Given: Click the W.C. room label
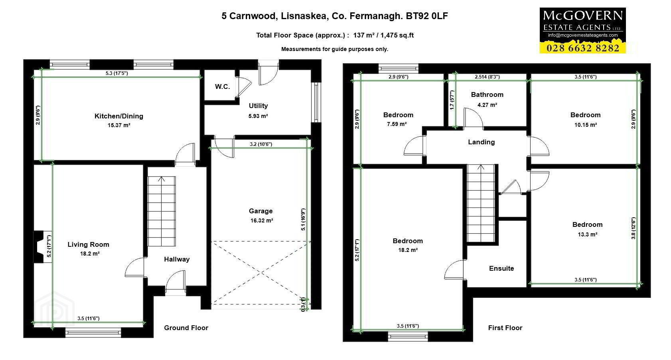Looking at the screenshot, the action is (222, 87).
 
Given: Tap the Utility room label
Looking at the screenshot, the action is (258, 106).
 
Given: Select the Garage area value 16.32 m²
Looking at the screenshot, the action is (262, 220).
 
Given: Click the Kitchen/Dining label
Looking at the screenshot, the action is (119, 116).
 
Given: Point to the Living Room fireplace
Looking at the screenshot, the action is (39, 247).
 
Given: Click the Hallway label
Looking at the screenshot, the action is (177, 259).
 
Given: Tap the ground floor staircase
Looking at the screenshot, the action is (162, 211).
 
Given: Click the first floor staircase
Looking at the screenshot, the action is (481, 203).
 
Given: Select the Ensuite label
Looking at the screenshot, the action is (501, 268).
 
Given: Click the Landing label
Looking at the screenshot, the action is (482, 142).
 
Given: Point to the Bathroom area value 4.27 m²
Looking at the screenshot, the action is (487, 105).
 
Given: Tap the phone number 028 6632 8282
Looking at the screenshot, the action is (582, 48).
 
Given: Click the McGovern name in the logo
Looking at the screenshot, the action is (582, 16).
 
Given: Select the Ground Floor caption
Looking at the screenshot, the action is (186, 328).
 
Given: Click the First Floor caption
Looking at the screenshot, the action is (505, 328).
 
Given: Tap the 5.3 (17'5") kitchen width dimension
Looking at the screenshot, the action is (117, 73).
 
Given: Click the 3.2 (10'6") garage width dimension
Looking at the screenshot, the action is (261, 144).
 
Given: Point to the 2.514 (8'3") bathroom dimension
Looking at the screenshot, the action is (487, 77).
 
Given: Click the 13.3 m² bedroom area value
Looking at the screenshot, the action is (588, 234).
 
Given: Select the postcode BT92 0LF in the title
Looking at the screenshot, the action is (427, 16).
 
